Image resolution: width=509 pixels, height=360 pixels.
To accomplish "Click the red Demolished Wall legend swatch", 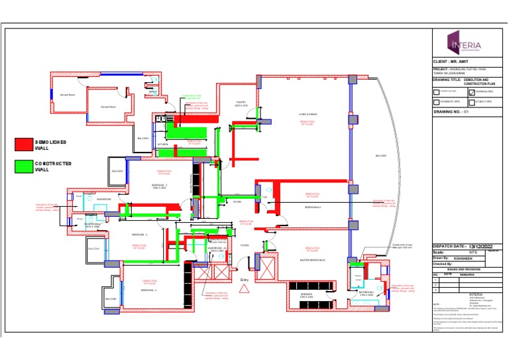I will point(23,143).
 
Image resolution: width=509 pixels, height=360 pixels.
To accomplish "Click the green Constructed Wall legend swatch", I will point(23,166).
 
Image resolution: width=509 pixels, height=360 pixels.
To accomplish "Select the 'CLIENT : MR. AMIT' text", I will point(454,61).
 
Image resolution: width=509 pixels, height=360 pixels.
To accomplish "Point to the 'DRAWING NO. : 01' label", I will point(451,113).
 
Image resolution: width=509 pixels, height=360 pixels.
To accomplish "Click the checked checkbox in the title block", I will point(472,91).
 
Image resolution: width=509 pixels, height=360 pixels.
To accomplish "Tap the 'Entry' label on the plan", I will point(245,280).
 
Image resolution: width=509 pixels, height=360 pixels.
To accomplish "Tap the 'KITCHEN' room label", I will point(163,144).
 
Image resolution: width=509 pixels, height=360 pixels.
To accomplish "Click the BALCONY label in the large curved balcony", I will point(380,156).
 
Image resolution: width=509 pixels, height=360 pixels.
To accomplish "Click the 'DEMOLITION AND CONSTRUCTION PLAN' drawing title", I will point(481,81).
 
